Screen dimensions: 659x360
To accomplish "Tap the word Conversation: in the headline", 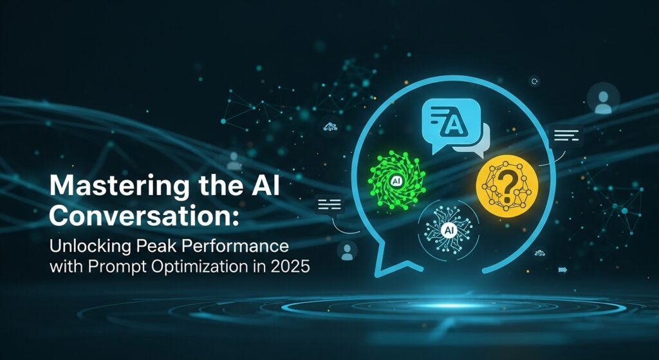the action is (x=143, y=216).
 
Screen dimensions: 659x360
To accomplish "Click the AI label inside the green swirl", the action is (x=396, y=181).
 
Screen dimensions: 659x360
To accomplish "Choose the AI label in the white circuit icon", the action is (x=449, y=230).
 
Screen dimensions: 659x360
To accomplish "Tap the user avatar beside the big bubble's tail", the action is (x=347, y=251).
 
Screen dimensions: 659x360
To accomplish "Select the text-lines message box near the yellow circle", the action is (x=566, y=135).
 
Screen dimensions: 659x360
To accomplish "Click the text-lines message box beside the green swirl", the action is (x=329, y=205).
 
